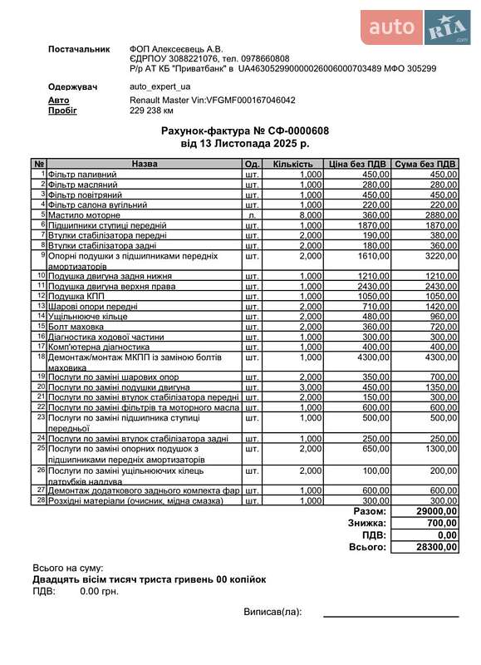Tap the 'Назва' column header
pos(145,164)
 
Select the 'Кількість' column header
pos(292,164)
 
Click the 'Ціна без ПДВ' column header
pos(357,164)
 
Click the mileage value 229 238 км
pos(152,110)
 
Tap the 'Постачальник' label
pos(79,49)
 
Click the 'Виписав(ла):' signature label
pos(272,612)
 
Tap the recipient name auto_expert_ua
pos(160,86)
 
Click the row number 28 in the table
pos(40,500)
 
